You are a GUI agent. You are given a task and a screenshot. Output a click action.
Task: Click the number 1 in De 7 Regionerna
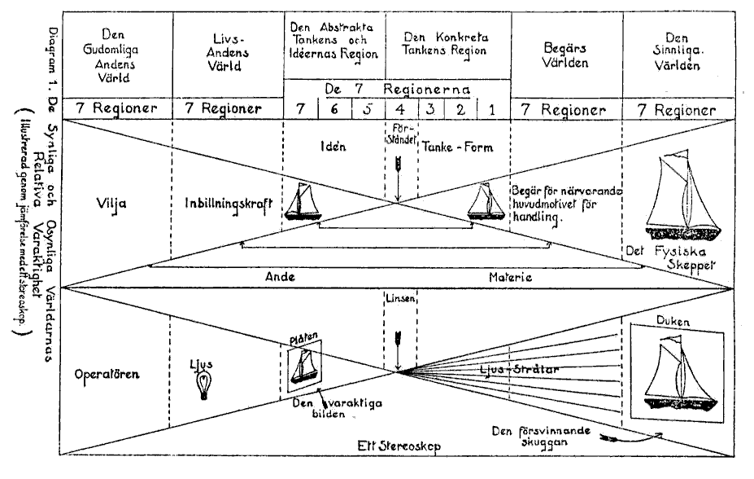click(x=490, y=109)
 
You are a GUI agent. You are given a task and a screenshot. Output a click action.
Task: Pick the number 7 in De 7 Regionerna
click(x=302, y=109)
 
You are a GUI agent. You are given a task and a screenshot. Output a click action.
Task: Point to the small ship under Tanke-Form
click(x=487, y=204)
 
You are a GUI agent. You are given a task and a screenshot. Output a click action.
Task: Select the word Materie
click(x=510, y=277)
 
